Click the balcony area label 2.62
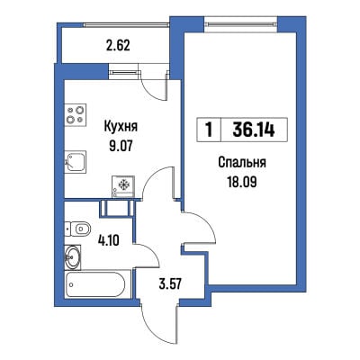118,46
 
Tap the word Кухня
121,126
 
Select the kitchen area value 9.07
121,147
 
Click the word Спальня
242,163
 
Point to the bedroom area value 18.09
242,182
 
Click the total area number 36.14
254,130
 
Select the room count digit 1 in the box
209,130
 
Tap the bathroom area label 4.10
109,240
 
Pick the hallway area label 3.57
170,283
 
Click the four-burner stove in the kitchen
76,114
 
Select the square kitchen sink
76,161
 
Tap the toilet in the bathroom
77,229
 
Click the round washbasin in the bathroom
73,257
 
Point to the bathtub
98,283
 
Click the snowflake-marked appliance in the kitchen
123,186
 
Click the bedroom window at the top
241,24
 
